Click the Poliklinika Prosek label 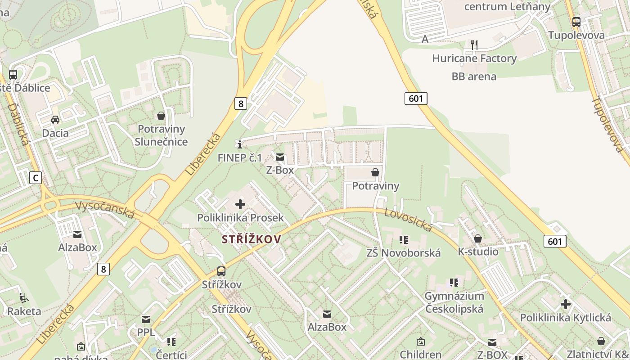pyautogui.click(x=240, y=218)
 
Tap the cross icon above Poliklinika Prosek pyautogui.click(x=240, y=204)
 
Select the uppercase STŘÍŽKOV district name pyautogui.click(x=252, y=239)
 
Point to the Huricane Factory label pyautogui.click(x=474, y=58)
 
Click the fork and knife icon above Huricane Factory pyautogui.click(x=474, y=44)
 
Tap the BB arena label pyautogui.click(x=474, y=76)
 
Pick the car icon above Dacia pyautogui.click(x=55, y=119)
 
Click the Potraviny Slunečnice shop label pyautogui.click(x=161, y=135)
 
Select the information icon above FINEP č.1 pyautogui.click(x=240, y=144)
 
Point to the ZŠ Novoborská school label pyautogui.click(x=403, y=253)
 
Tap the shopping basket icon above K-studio pyautogui.click(x=478, y=238)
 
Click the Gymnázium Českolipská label pyautogui.click(x=454, y=302)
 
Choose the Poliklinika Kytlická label pyautogui.click(x=565, y=318)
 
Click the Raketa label pyautogui.click(x=24, y=311)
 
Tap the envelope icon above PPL pyautogui.click(x=146, y=319)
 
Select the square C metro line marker pyautogui.click(x=35, y=178)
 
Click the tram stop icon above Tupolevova pyautogui.click(x=576, y=21)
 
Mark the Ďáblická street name pyautogui.click(x=18, y=125)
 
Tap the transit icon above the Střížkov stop pyautogui.click(x=221, y=271)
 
